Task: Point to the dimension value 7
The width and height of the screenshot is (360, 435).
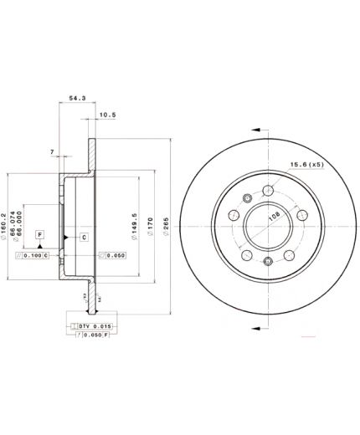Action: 52,151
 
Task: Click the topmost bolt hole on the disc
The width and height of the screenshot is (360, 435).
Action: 267,190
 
